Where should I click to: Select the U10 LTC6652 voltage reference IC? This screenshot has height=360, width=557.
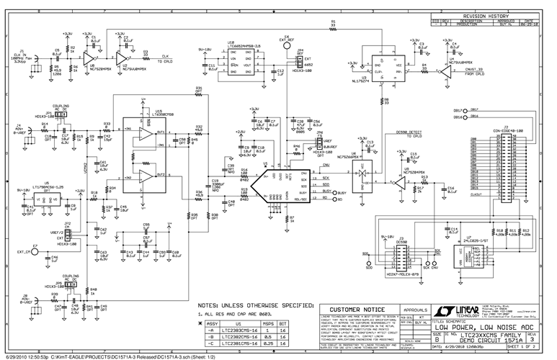click(x=241, y=60)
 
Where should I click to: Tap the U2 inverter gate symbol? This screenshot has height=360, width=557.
click(x=125, y=57)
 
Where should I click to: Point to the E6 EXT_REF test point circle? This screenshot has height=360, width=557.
click(x=286, y=42)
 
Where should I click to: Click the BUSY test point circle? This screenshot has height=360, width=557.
click(x=333, y=193)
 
